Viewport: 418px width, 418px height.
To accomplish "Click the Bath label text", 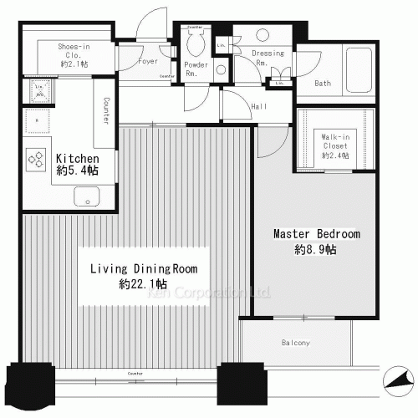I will (324, 84).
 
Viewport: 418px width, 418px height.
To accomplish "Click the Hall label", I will (259, 106).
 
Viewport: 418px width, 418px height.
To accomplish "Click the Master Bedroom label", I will (316, 234).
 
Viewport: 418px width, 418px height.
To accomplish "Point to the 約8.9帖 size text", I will (316, 250).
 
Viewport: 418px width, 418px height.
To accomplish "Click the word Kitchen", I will (78, 159).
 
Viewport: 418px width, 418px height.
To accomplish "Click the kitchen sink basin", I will (86, 197).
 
